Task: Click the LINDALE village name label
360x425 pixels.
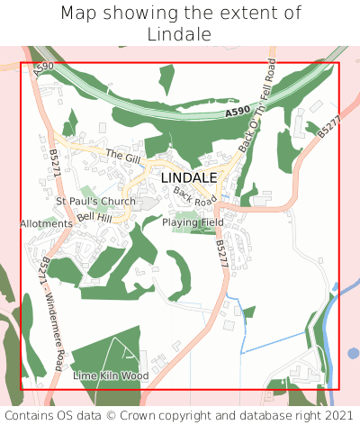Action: (189, 178)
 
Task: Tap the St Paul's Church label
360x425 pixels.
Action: (95, 201)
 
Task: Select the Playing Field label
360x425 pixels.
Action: (193, 222)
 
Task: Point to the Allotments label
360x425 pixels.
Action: (46, 222)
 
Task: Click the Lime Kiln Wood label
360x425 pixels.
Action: (111, 375)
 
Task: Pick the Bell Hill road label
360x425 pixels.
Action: (94, 218)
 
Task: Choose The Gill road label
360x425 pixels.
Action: (123, 157)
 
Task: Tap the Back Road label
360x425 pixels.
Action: (194, 196)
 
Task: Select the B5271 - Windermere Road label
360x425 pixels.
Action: (54, 311)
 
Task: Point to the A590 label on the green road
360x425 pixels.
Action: (238, 111)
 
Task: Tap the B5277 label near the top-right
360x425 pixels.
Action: (329, 126)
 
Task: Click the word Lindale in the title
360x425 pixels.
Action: (179, 34)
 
